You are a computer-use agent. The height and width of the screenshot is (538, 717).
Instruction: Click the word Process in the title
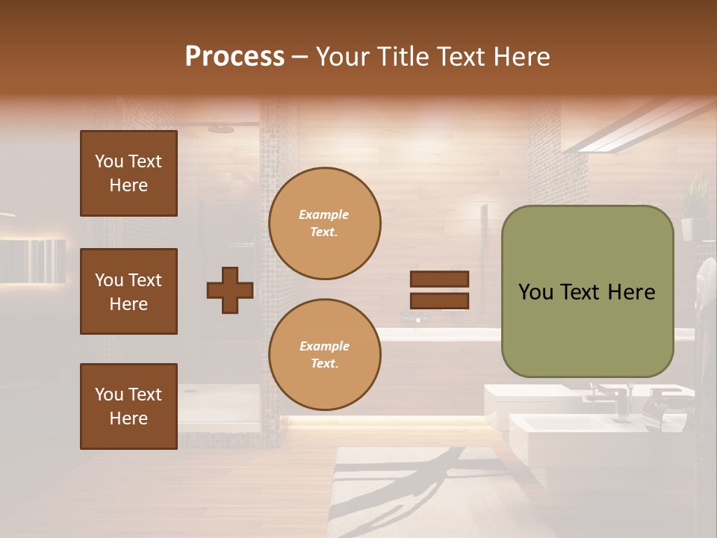[x=235, y=57]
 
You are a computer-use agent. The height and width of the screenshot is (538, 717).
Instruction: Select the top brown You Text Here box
[x=128, y=173]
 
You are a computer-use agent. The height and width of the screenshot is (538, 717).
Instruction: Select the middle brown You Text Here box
[x=128, y=291]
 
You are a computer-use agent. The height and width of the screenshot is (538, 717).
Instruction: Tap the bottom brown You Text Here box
[x=128, y=406]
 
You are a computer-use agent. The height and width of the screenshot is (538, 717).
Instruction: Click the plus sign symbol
[x=230, y=290]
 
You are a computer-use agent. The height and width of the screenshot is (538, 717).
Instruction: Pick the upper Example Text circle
[x=324, y=223]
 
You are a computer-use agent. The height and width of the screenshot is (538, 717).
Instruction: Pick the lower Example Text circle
[x=324, y=355]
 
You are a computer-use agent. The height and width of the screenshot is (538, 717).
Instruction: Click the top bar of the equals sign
[x=439, y=279]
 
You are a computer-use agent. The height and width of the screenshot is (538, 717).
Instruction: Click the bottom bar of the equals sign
[x=439, y=300]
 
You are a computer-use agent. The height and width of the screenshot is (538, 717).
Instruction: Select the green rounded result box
[x=587, y=291]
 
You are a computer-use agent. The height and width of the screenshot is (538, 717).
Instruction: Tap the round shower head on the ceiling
[x=221, y=129]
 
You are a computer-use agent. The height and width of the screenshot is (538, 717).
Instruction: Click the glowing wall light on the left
[x=33, y=261]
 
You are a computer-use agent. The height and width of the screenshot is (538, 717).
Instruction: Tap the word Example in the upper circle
[x=324, y=215]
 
